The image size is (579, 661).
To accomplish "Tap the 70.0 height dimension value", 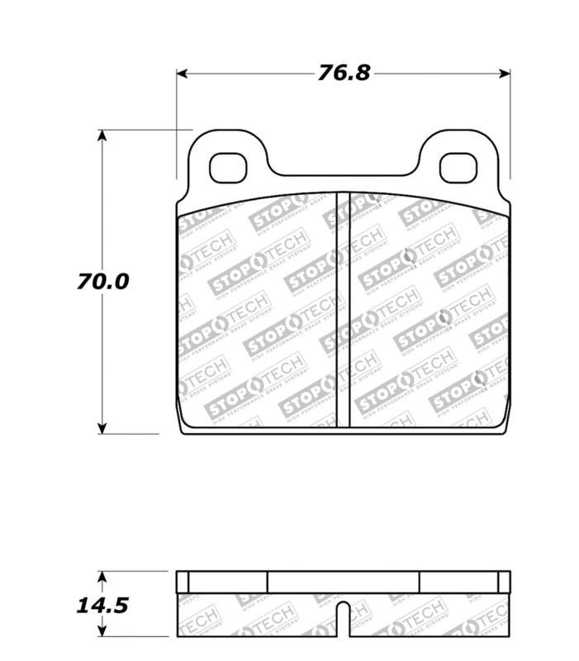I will coord(104,281).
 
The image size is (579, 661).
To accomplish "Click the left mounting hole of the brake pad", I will coord(228,168).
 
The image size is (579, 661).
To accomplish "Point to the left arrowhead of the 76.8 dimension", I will coord(183,74).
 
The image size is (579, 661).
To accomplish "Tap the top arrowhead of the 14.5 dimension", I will coord(102,576).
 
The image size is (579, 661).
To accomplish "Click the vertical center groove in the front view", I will coord(343,310).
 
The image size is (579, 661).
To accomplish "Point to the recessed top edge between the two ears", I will coord(343,175).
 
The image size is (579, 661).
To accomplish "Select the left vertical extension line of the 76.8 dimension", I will coord(177,124).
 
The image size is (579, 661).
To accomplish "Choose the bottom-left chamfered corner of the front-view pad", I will coord(183,426).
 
